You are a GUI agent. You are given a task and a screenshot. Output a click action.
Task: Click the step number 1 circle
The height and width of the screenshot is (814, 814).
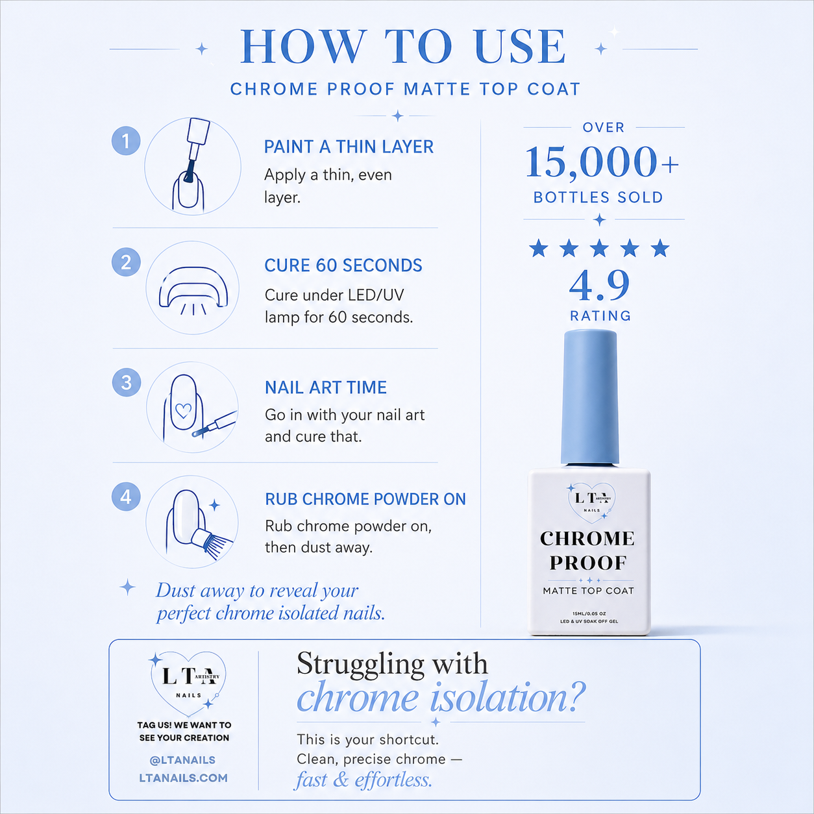[x=126, y=141]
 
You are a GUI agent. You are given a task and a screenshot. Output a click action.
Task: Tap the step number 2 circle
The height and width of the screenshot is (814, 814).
[x=126, y=262]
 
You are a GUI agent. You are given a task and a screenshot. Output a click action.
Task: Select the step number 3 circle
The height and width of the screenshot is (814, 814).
[x=127, y=383]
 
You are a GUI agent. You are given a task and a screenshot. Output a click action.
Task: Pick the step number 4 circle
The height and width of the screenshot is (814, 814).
[x=126, y=497]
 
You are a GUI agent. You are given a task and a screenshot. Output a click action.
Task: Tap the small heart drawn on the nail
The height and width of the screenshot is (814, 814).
[x=183, y=411]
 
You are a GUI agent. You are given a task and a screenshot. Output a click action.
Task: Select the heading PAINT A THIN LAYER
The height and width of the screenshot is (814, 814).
[x=349, y=147]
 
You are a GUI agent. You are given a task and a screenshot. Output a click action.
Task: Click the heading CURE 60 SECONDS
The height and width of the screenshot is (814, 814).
[x=343, y=265]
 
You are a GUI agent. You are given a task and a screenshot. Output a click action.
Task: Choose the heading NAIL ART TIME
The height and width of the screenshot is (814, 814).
[x=326, y=388]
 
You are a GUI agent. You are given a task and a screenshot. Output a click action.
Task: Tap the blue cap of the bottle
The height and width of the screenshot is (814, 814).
[x=590, y=398]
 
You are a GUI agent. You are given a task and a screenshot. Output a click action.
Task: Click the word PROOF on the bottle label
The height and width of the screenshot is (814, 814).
[x=588, y=563]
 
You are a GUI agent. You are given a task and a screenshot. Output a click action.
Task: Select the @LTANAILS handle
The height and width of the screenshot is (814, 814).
[x=182, y=760]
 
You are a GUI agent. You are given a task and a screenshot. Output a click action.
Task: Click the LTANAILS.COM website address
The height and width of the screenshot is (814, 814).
[x=183, y=778]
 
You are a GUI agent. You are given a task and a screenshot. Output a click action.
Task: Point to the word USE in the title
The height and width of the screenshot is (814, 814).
[x=520, y=47]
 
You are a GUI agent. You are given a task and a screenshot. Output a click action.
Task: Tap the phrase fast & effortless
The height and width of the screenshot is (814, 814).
[x=364, y=780]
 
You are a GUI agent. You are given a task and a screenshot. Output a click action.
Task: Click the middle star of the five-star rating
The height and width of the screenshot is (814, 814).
[x=599, y=248]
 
